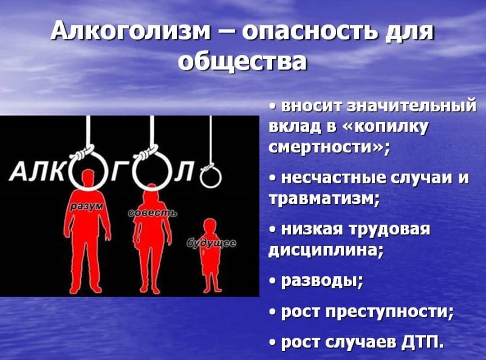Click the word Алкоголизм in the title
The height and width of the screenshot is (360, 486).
pos(130,32)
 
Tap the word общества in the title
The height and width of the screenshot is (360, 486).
pos(242,61)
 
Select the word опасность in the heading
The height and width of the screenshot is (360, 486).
pos(311,32)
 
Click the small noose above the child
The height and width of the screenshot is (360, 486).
pos(211,177)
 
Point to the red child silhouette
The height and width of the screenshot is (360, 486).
pos(210,255)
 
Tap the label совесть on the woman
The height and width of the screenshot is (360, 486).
pos(152,214)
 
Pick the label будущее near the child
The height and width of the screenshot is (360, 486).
pos(211,243)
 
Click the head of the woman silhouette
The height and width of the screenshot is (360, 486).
pos(151,191)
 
